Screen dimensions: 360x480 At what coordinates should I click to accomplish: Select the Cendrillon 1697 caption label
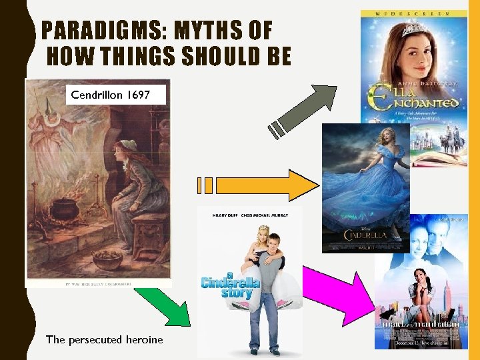click(x=111, y=95)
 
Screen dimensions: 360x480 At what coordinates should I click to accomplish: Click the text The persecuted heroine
click(x=104, y=339)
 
